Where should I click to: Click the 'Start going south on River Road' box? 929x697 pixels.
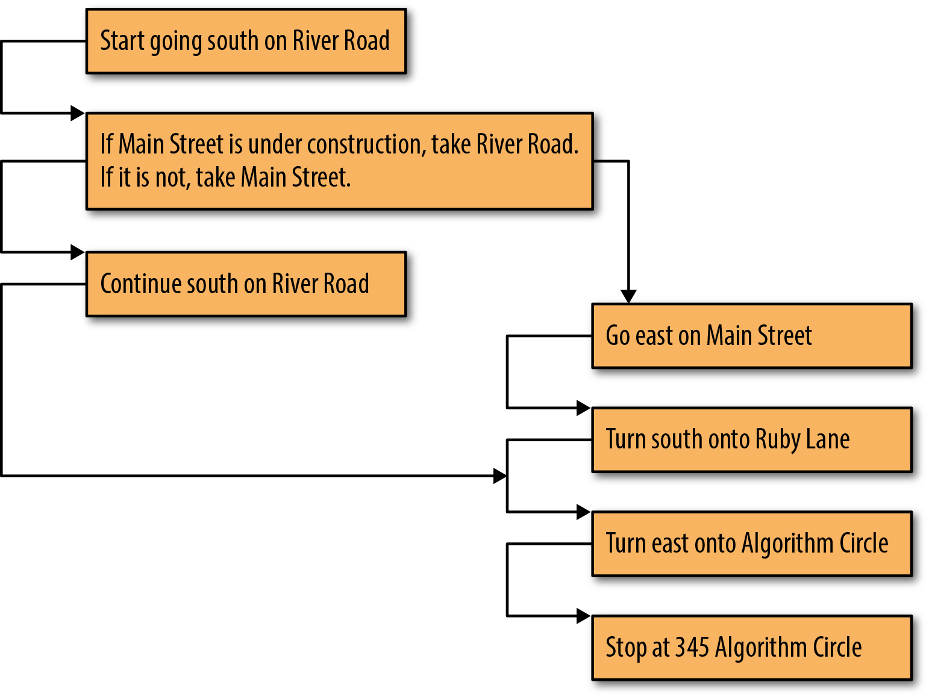coord(246,41)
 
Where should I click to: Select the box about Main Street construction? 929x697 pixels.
coord(339,161)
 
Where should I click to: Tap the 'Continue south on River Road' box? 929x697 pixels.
coord(246,284)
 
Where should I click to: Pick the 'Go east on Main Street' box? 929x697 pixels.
coord(752,336)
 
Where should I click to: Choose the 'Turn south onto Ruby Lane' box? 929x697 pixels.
coord(752,440)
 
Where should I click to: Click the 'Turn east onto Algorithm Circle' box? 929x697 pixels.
coord(752,544)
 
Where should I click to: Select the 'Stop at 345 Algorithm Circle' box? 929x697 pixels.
coord(752,648)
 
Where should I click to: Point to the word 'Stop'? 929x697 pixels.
coord(626,649)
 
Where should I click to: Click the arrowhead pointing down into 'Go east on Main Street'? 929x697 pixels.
coord(628,297)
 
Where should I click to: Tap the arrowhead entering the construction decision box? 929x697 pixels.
coord(78,113)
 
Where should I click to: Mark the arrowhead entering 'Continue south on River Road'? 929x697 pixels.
coord(78,252)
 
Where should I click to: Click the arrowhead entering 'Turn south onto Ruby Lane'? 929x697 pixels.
coord(583,408)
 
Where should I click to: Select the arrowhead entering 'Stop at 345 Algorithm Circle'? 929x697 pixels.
coord(583,616)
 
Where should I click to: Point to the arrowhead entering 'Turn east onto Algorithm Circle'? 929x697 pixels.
coord(583,512)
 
